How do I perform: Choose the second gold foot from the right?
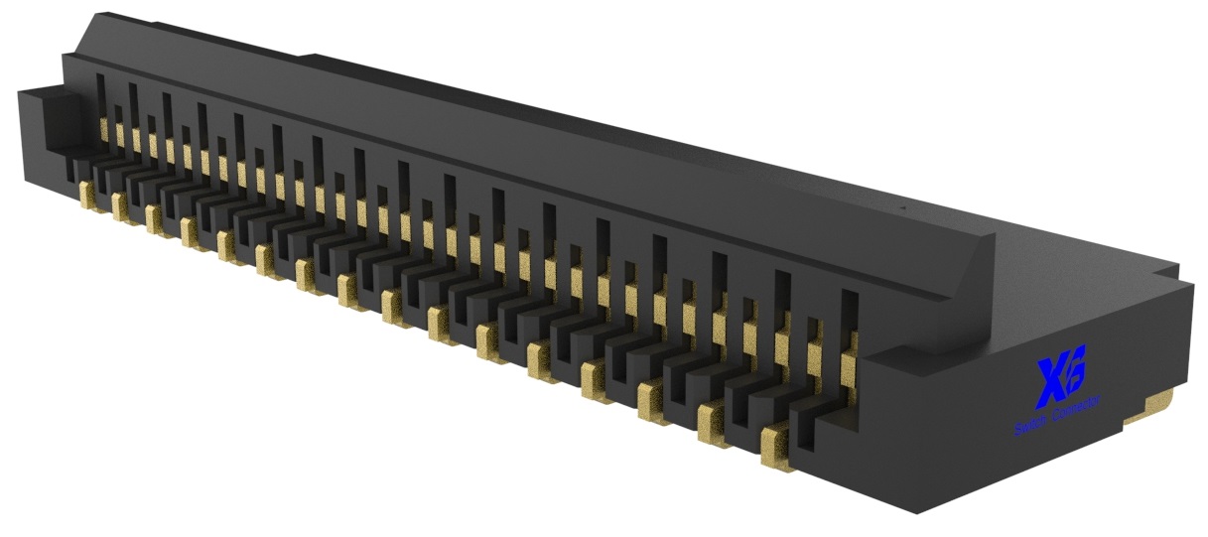pos(713,424)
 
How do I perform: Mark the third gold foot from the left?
pos(155,219)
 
